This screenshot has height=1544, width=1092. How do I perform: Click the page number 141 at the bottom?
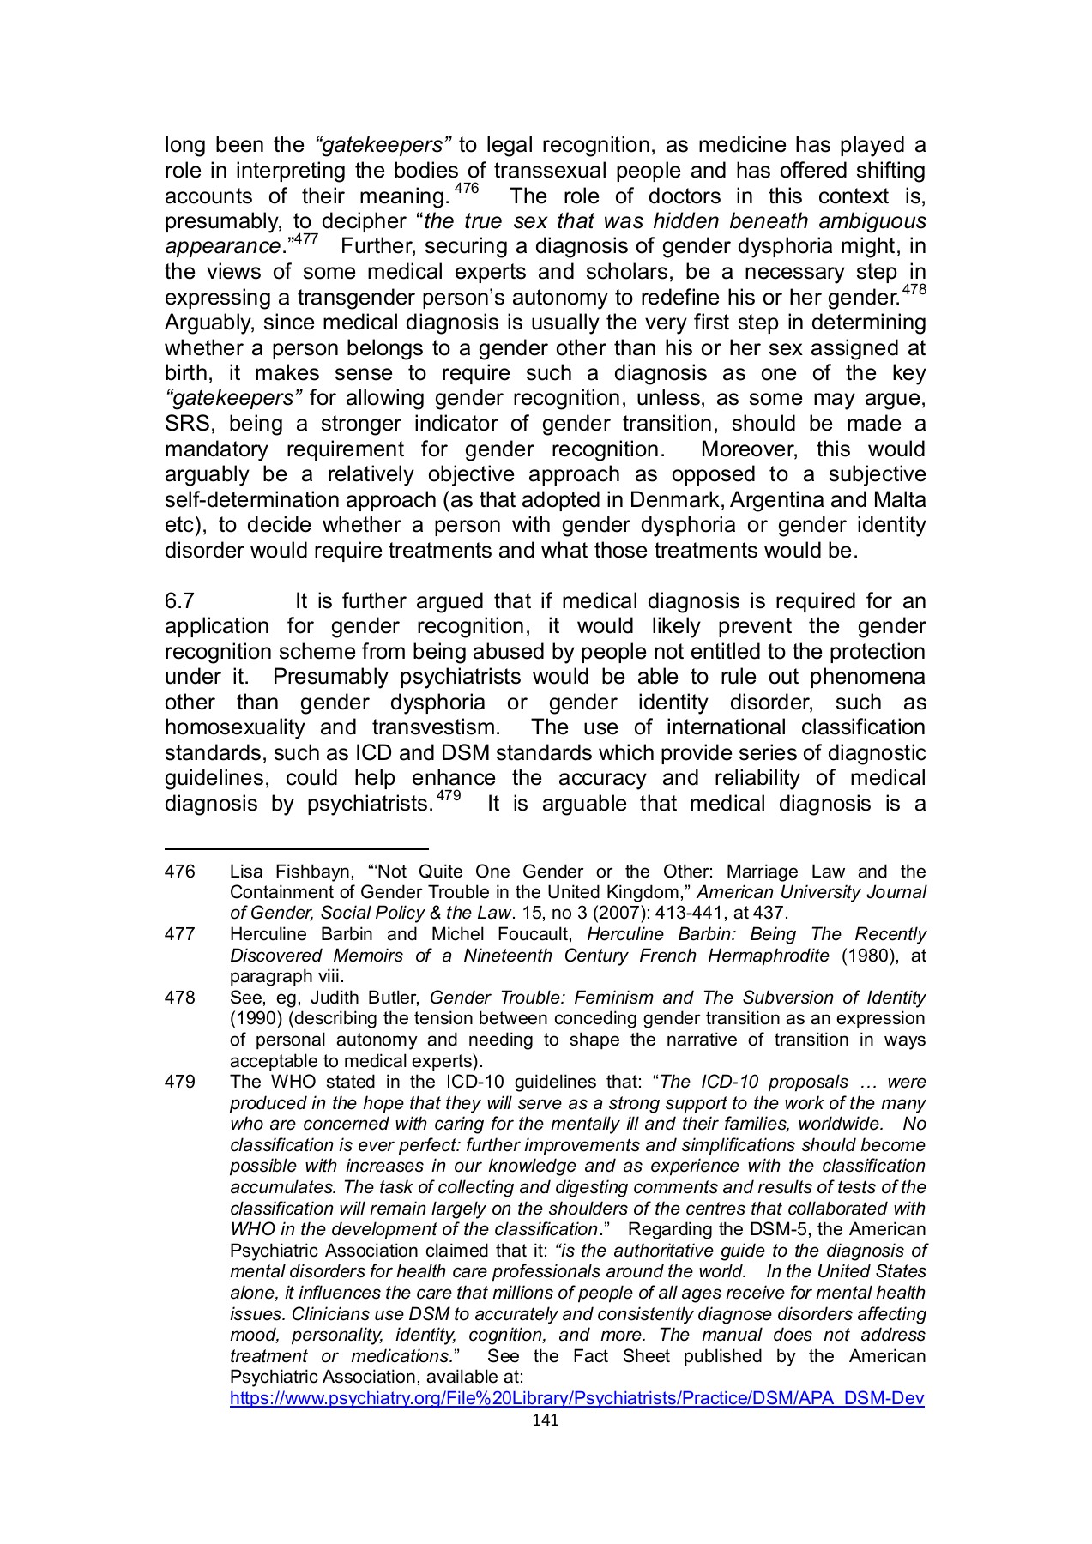point(545,1420)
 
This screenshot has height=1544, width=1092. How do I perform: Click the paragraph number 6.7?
point(179,601)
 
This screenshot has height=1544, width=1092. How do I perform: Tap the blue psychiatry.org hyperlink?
point(576,1399)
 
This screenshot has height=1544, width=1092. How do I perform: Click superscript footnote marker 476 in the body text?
point(467,189)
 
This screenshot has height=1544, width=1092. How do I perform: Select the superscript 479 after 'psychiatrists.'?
point(449,796)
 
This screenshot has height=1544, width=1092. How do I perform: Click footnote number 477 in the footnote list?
point(179,934)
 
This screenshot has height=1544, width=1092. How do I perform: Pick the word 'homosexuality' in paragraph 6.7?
point(234,727)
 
